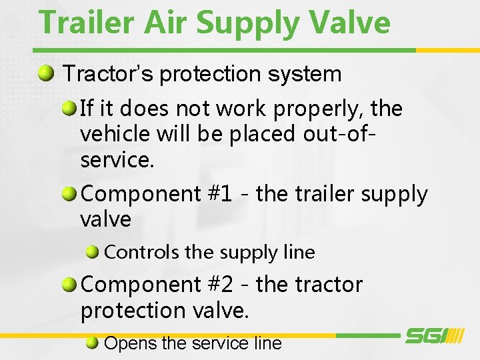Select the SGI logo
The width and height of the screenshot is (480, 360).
pos(434,335)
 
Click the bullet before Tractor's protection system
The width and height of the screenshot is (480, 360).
pos(47,73)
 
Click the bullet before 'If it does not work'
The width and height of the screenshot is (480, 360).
pos(69,107)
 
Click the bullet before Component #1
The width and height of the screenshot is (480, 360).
pos(69,194)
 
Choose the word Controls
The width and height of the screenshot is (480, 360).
pos(142,252)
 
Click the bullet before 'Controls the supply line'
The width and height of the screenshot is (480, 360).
pos(93,252)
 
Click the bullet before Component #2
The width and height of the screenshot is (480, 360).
pos(69,285)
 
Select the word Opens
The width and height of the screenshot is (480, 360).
pos(131,343)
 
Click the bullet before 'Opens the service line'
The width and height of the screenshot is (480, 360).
pos(93,343)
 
